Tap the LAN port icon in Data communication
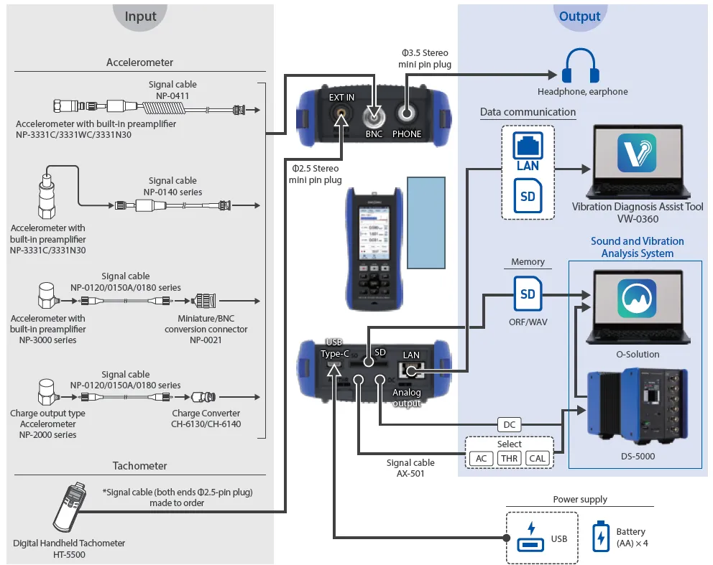click(x=528, y=151)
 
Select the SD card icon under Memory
click(x=528, y=294)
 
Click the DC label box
click(x=510, y=425)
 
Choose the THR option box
click(x=509, y=459)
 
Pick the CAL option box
click(x=537, y=459)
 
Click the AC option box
click(x=481, y=459)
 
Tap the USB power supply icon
click(x=532, y=538)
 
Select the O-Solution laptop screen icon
click(x=636, y=298)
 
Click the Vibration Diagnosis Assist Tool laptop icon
click(x=636, y=154)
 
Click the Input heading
click(x=140, y=17)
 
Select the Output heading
click(x=580, y=17)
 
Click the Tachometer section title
click(x=140, y=466)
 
